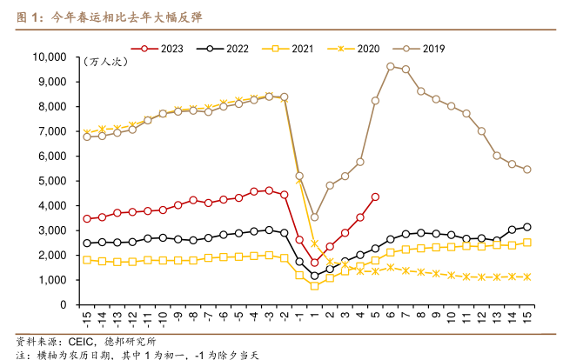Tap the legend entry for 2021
pyautogui.click(x=292, y=48)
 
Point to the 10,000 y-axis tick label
pyautogui.click(x=50, y=57)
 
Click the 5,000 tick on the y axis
pyautogui.click(x=53, y=181)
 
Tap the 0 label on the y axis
pyautogui.click(x=64, y=305)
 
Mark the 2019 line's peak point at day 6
pyautogui.click(x=391, y=66)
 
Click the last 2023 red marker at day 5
pyautogui.click(x=375, y=197)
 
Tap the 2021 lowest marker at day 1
pyautogui.click(x=314, y=285)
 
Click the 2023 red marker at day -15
pyautogui.click(x=87, y=219)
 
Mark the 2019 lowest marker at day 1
pyautogui.click(x=314, y=217)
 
